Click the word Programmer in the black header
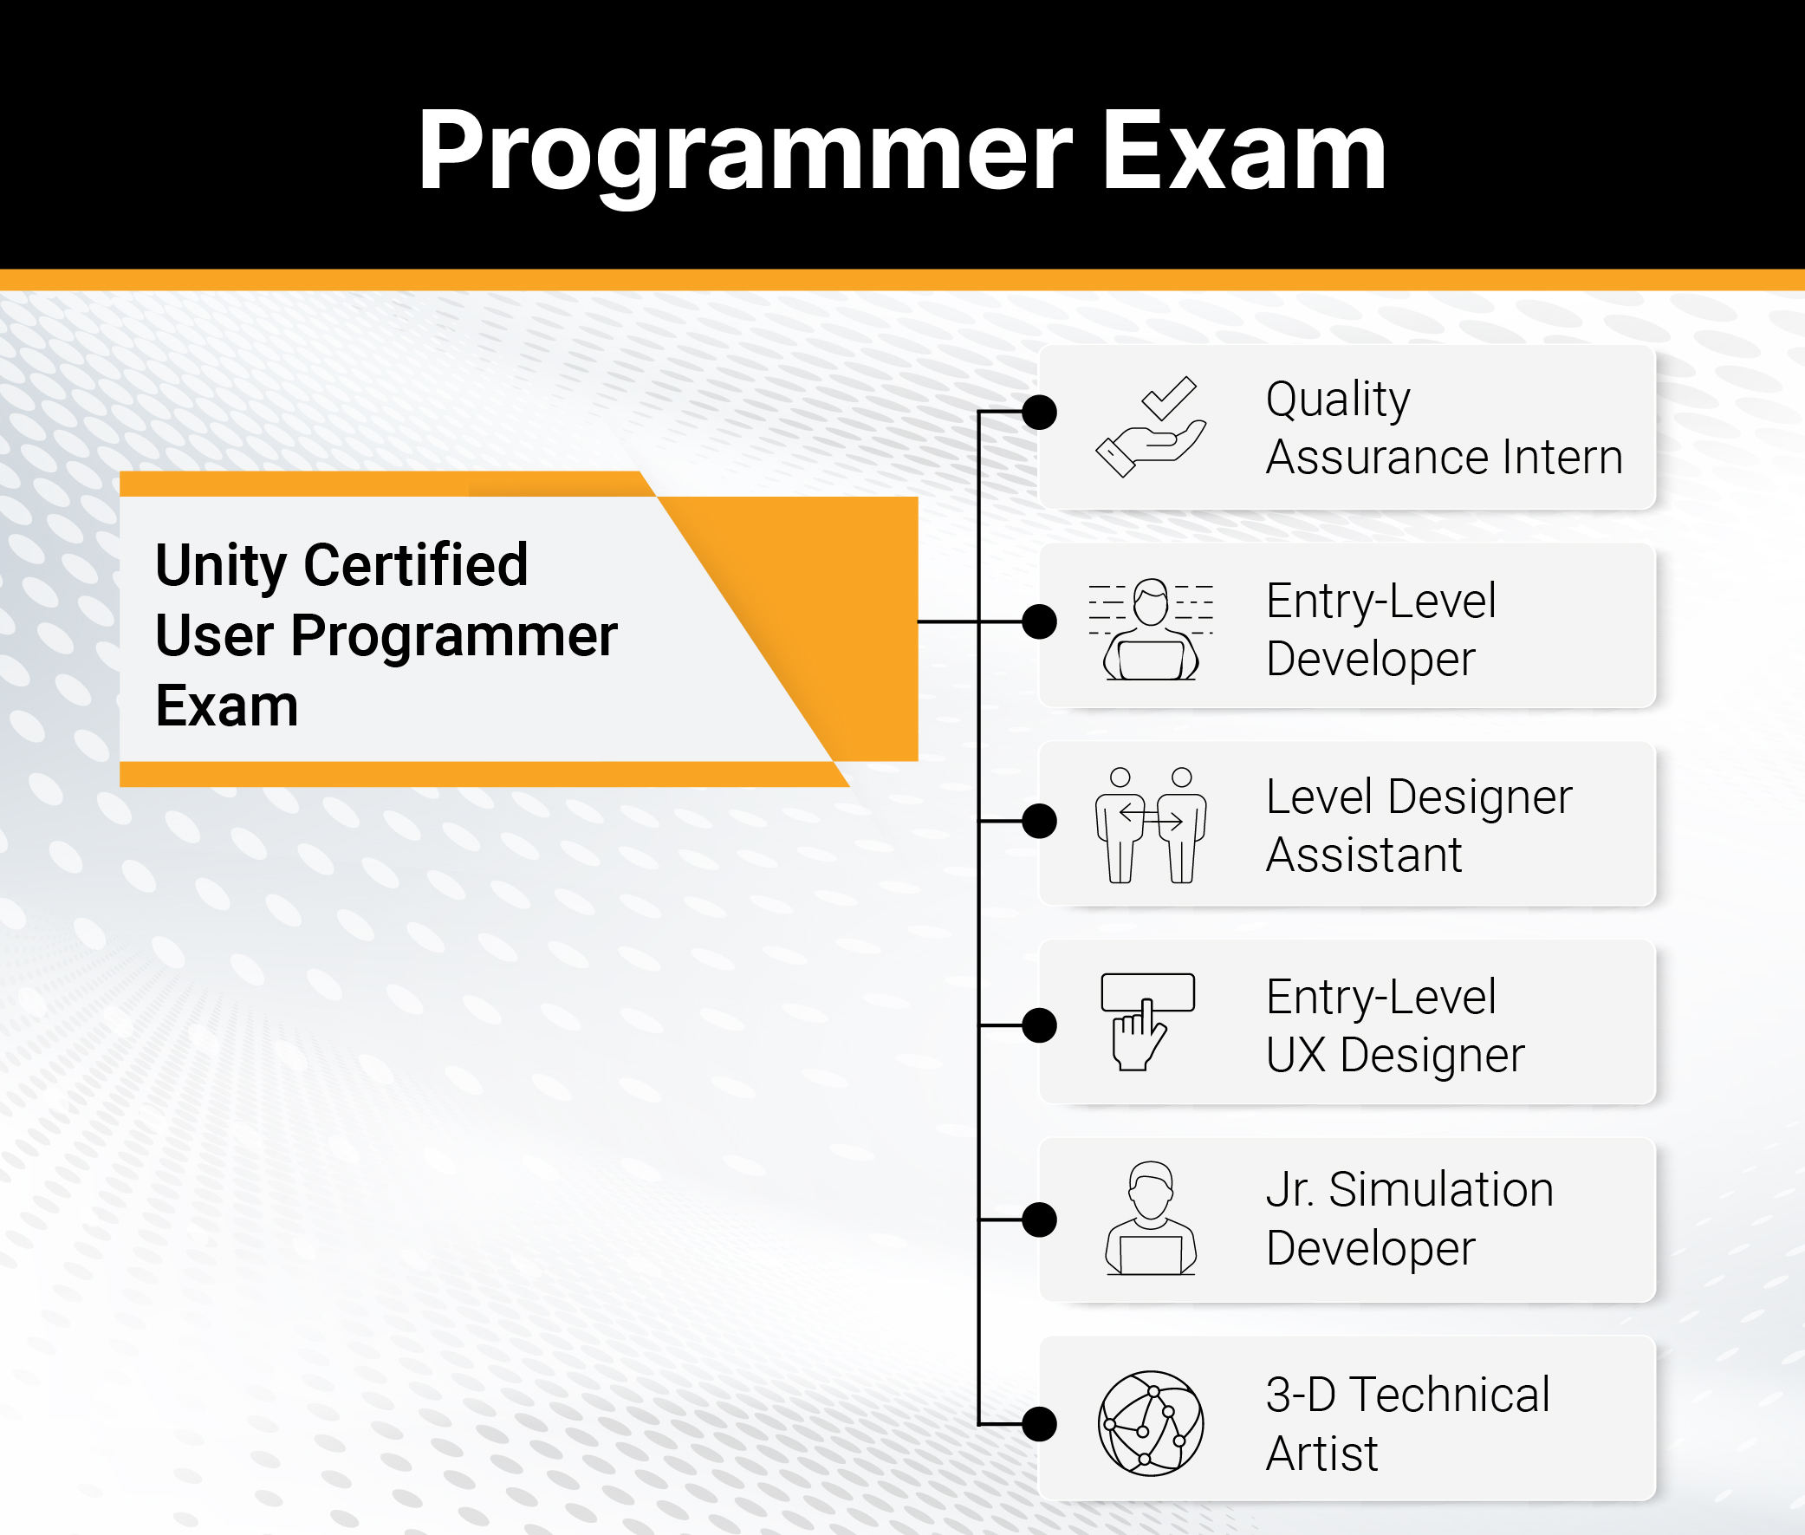tap(743, 153)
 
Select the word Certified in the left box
tap(416, 565)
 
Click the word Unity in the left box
tap(220, 565)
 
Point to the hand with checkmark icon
tap(1151, 426)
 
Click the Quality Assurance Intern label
tap(1444, 427)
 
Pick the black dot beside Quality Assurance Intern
tap(1040, 412)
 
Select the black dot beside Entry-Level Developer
tap(1040, 621)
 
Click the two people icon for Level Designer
tap(1151, 825)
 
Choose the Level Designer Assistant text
tap(1419, 825)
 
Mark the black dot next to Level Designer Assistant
tap(1040, 821)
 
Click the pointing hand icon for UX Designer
tap(1147, 1022)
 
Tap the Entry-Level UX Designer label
tap(1395, 1025)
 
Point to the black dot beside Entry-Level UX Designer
tap(1040, 1025)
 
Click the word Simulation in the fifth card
tap(1440, 1189)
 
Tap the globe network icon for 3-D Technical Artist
tap(1151, 1423)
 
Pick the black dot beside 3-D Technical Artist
tap(1040, 1423)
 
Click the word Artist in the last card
tap(1321, 1454)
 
